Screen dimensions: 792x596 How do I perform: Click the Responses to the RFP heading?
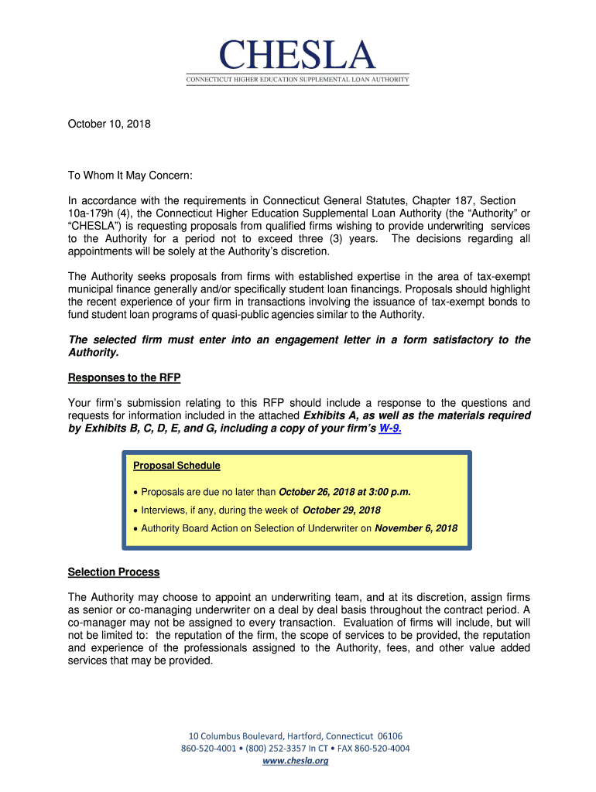click(x=124, y=378)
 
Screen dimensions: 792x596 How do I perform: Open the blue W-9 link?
click(x=389, y=428)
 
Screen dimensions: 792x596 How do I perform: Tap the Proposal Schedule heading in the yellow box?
click(x=176, y=466)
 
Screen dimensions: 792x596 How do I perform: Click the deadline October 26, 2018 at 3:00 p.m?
click(x=344, y=491)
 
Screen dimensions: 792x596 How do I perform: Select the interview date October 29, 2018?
click(x=341, y=510)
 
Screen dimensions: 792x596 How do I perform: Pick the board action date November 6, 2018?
click(x=416, y=529)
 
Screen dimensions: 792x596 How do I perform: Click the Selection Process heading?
click(x=114, y=572)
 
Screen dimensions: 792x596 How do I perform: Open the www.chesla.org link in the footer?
click(x=296, y=761)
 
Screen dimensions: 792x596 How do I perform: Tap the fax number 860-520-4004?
click(x=383, y=749)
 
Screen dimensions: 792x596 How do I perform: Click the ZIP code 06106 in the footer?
click(x=389, y=736)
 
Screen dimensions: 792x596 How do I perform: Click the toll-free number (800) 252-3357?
click(x=275, y=749)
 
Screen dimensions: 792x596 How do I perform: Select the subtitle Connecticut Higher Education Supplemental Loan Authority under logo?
click(x=297, y=80)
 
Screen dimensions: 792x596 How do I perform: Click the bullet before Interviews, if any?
click(x=135, y=511)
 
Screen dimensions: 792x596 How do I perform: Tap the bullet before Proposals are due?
click(x=135, y=492)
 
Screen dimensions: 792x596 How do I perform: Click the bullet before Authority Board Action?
click(x=135, y=530)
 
